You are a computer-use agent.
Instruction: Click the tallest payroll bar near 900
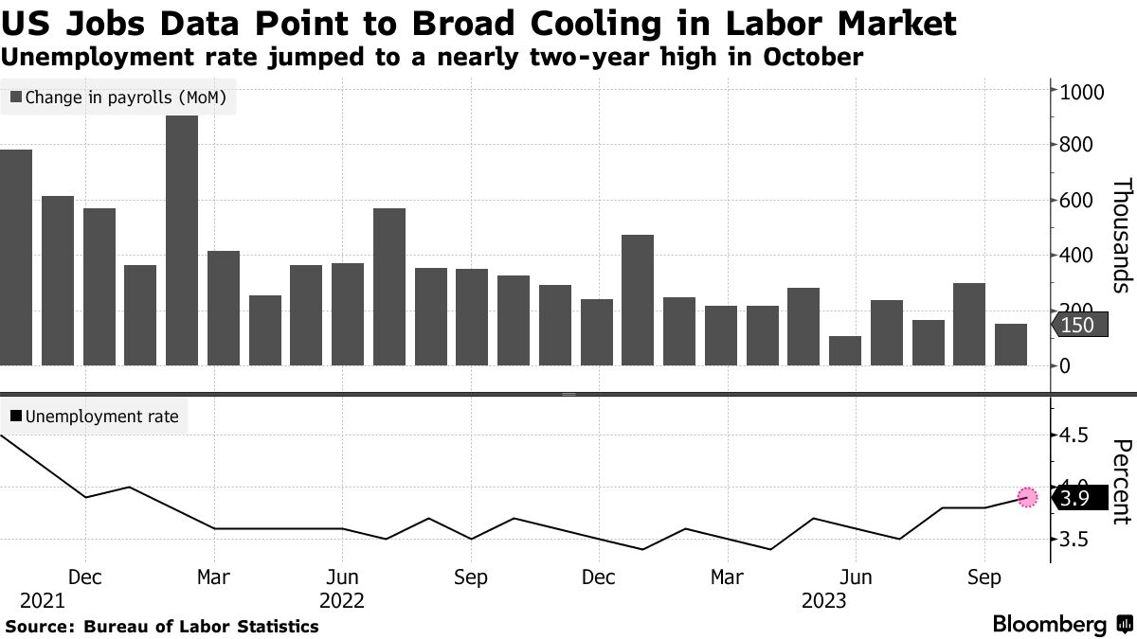pyautogui.click(x=182, y=240)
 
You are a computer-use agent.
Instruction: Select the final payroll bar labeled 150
pyautogui.click(x=1011, y=345)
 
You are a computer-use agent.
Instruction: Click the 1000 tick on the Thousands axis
pyautogui.click(x=1077, y=92)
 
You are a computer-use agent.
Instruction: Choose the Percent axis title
pyautogui.click(x=1121, y=481)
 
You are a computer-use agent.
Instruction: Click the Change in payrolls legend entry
pyautogui.click(x=117, y=97)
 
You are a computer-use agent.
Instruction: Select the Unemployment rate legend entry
pyautogui.click(x=94, y=416)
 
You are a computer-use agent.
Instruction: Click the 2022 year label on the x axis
pyautogui.click(x=343, y=600)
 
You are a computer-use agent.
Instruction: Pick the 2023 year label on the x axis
pyautogui.click(x=824, y=600)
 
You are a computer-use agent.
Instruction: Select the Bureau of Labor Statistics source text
pyautogui.click(x=201, y=627)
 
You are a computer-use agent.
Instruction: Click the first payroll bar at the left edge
pyautogui.click(x=16, y=257)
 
